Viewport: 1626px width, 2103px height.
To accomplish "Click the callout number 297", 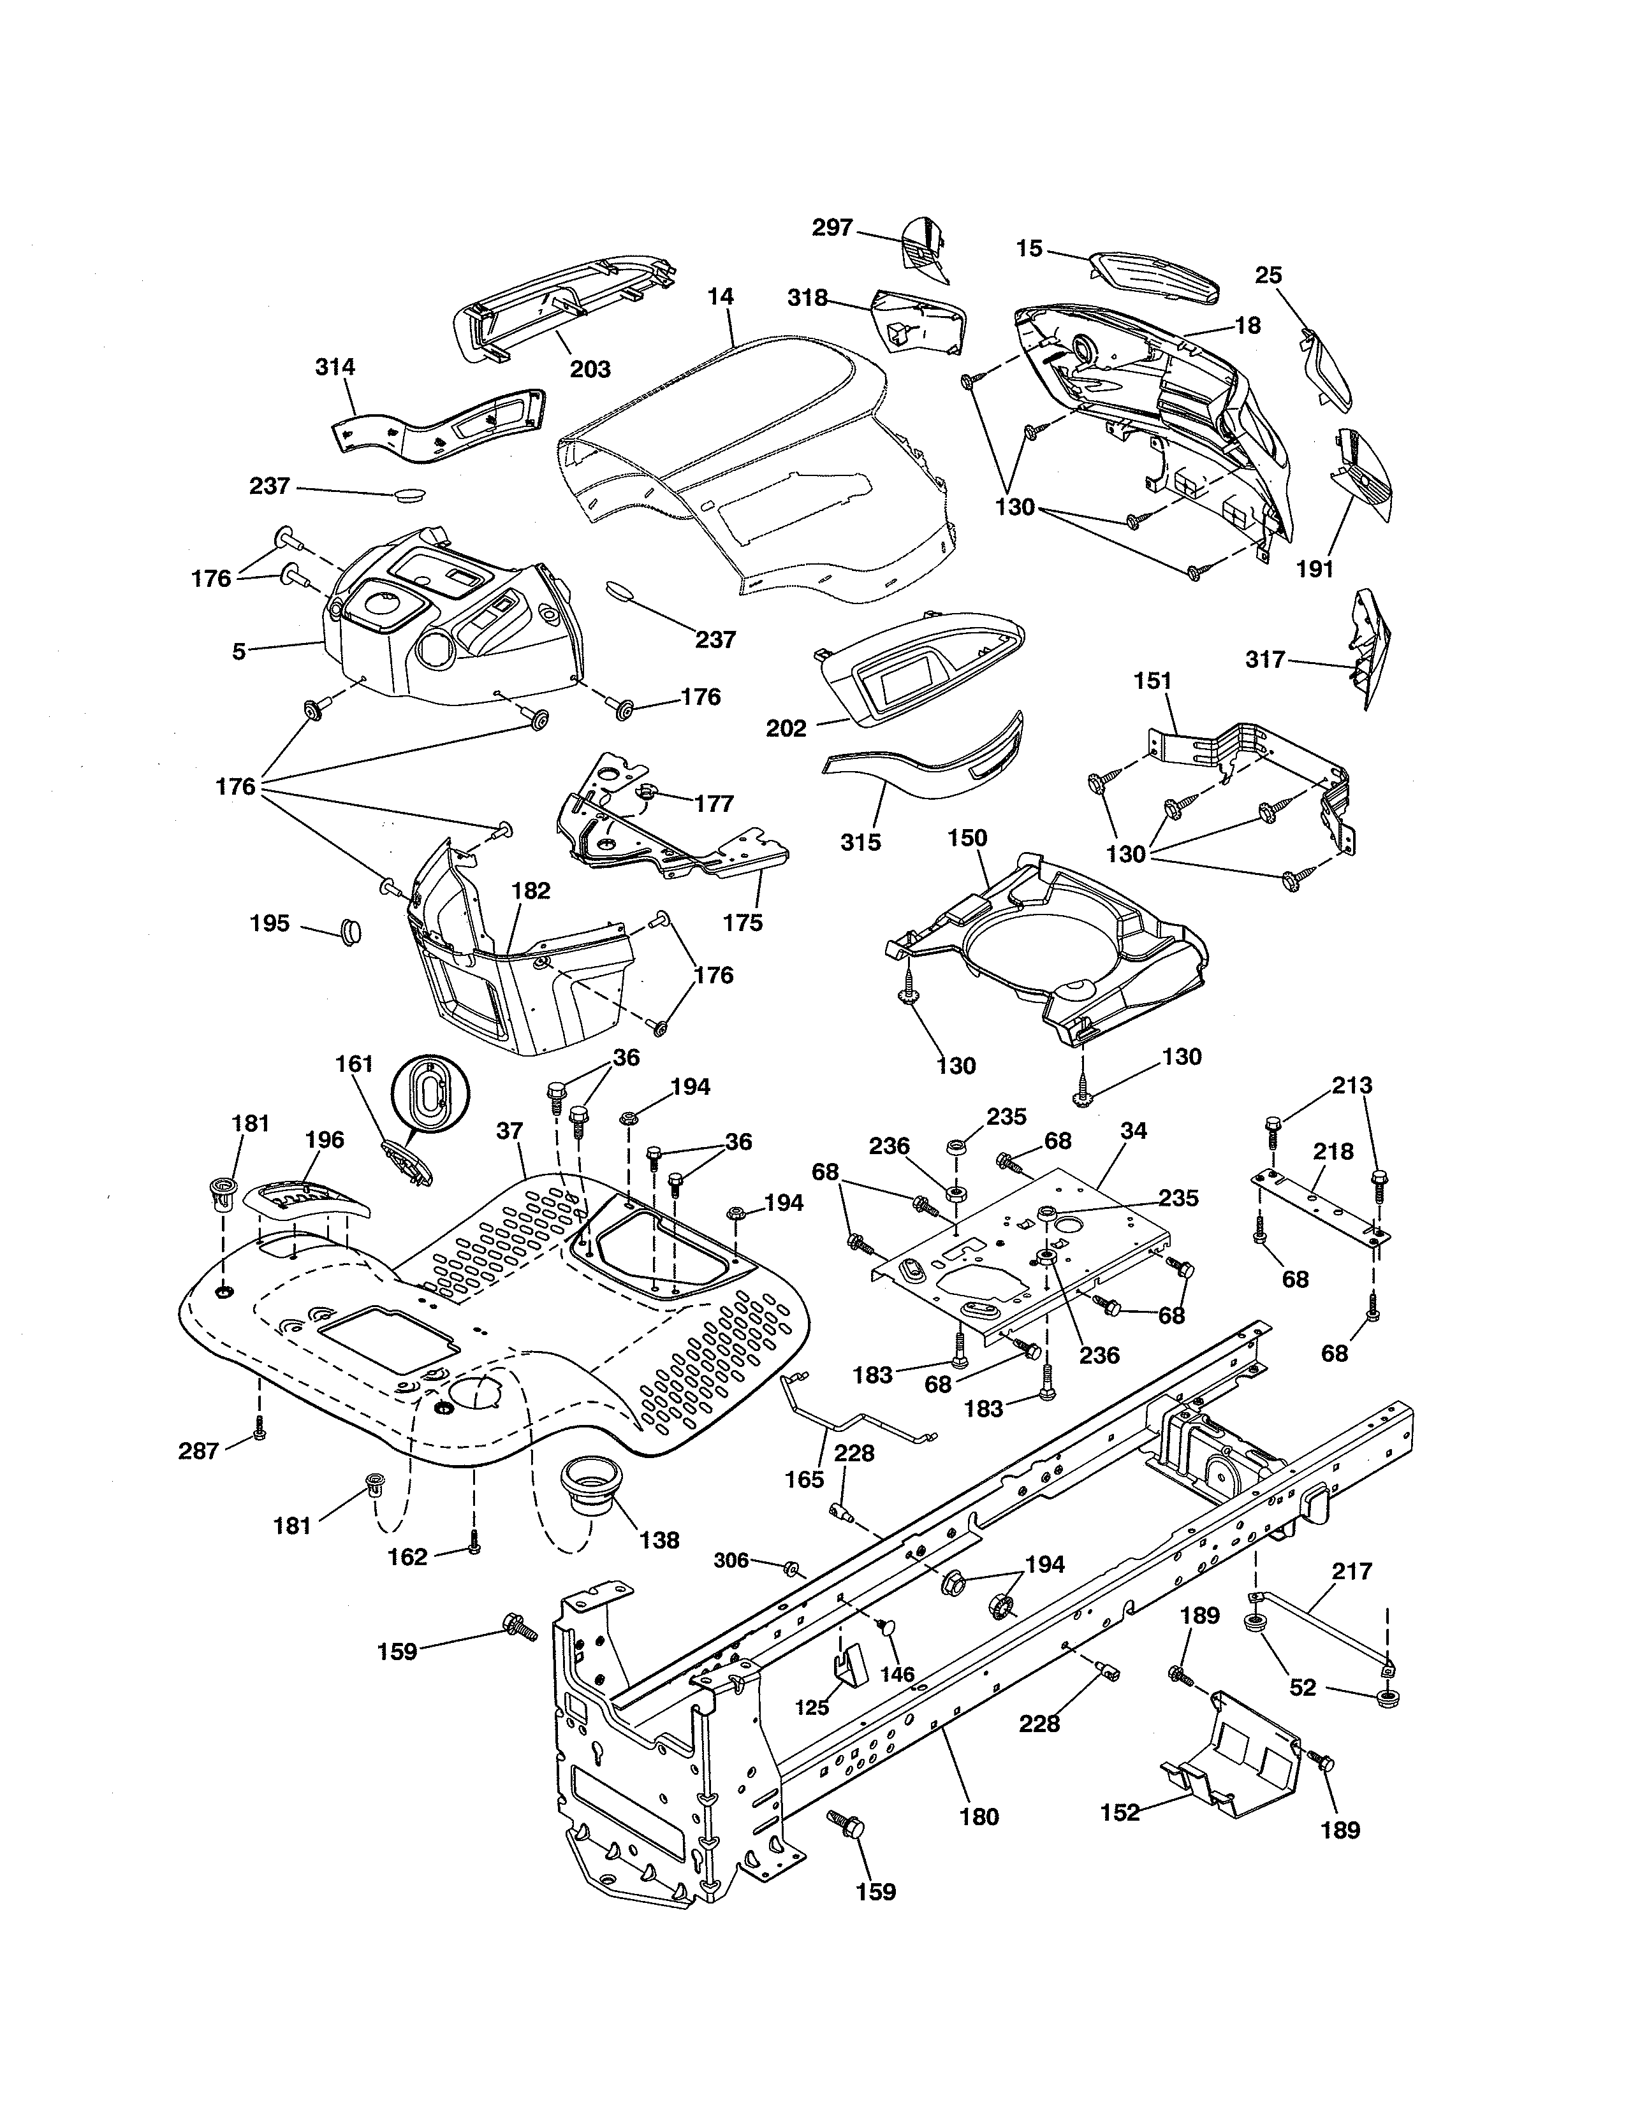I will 832,228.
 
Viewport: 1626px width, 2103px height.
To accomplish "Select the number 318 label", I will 807,298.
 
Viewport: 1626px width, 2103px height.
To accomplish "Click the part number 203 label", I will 590,369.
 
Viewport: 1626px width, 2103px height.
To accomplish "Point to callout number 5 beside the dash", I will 239,651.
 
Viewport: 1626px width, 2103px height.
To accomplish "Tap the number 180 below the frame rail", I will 979,1817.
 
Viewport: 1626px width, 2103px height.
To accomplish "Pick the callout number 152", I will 1119,1813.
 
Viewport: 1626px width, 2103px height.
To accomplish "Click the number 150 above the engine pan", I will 967,838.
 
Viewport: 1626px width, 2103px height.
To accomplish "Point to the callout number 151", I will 1153,681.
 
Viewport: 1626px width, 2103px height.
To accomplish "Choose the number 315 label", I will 860,842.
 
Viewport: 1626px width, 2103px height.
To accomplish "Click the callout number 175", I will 743,923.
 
